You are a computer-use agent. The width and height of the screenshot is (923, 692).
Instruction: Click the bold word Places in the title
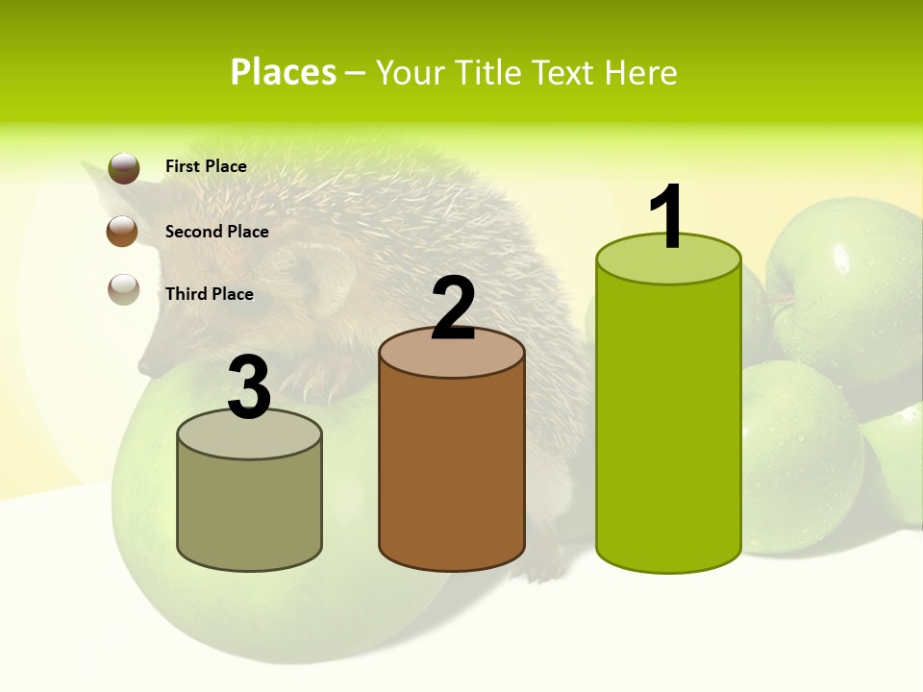pos(283,72)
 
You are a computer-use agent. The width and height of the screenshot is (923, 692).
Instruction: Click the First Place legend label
pos(206,166)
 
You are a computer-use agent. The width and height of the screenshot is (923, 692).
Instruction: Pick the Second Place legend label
pos(216,232)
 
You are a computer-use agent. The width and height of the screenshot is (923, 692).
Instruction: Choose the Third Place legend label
pos(209,294)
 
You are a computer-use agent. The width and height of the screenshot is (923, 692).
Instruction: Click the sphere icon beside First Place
pos(124,167)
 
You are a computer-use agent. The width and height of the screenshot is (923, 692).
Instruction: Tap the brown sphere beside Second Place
pos(123,231)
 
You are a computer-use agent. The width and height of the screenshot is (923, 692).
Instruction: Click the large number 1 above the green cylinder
pos(667,217)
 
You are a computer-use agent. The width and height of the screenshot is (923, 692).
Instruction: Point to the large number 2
pos(453,309)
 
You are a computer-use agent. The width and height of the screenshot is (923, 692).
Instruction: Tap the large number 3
pos(249,388)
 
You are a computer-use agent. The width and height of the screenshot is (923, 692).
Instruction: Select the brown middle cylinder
pos(451,471)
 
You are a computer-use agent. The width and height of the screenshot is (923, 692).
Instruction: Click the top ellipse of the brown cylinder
pos(452,352)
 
